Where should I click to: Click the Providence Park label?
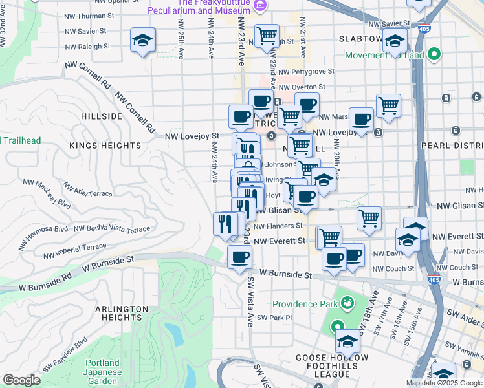305,304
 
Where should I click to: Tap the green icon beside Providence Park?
347,303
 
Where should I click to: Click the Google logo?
21,380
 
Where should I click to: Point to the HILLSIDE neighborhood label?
102,116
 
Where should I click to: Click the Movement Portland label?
384,55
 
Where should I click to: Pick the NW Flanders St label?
278,226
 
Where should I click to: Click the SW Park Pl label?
274,318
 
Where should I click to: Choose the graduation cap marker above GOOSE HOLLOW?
347,340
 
